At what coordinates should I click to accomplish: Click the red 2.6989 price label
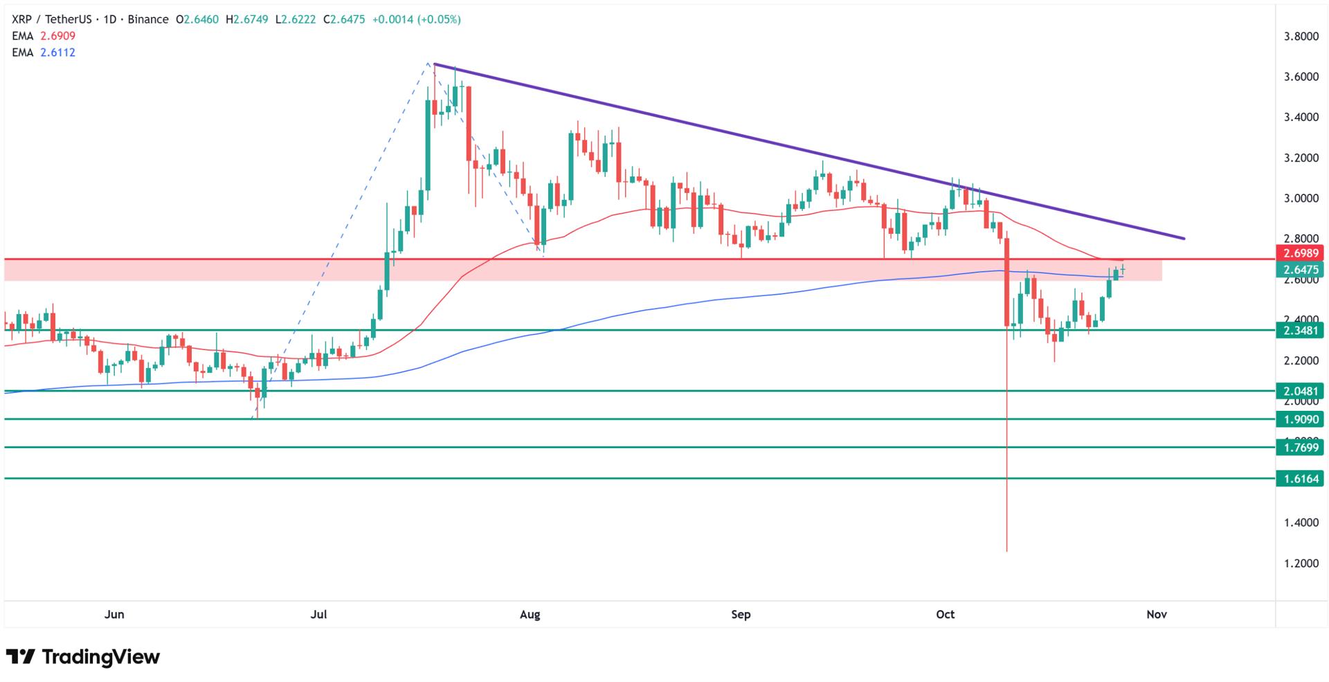1299,253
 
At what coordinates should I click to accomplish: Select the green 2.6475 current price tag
1299,270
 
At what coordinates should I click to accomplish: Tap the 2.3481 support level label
1299,331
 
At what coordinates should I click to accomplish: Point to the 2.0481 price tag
1299,391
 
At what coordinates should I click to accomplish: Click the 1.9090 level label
1299,419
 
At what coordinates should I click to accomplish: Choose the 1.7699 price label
1299,448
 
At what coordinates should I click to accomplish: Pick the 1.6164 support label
1299,479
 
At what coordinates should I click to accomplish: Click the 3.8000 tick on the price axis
1301,37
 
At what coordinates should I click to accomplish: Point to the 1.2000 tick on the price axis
1301,564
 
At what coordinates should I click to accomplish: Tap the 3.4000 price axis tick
1301,118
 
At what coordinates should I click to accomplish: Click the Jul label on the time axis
319,614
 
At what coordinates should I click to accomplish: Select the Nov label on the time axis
1157,614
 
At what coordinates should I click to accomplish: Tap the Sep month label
741,614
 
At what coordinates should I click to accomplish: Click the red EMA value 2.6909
57,36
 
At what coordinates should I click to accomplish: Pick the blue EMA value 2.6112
57,53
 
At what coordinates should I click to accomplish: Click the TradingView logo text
100,656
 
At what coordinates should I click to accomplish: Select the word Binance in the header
148,19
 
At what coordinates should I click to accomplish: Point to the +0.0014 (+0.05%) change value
416,19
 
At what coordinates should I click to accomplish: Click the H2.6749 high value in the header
246,19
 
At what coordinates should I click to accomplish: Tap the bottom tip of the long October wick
1006,551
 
